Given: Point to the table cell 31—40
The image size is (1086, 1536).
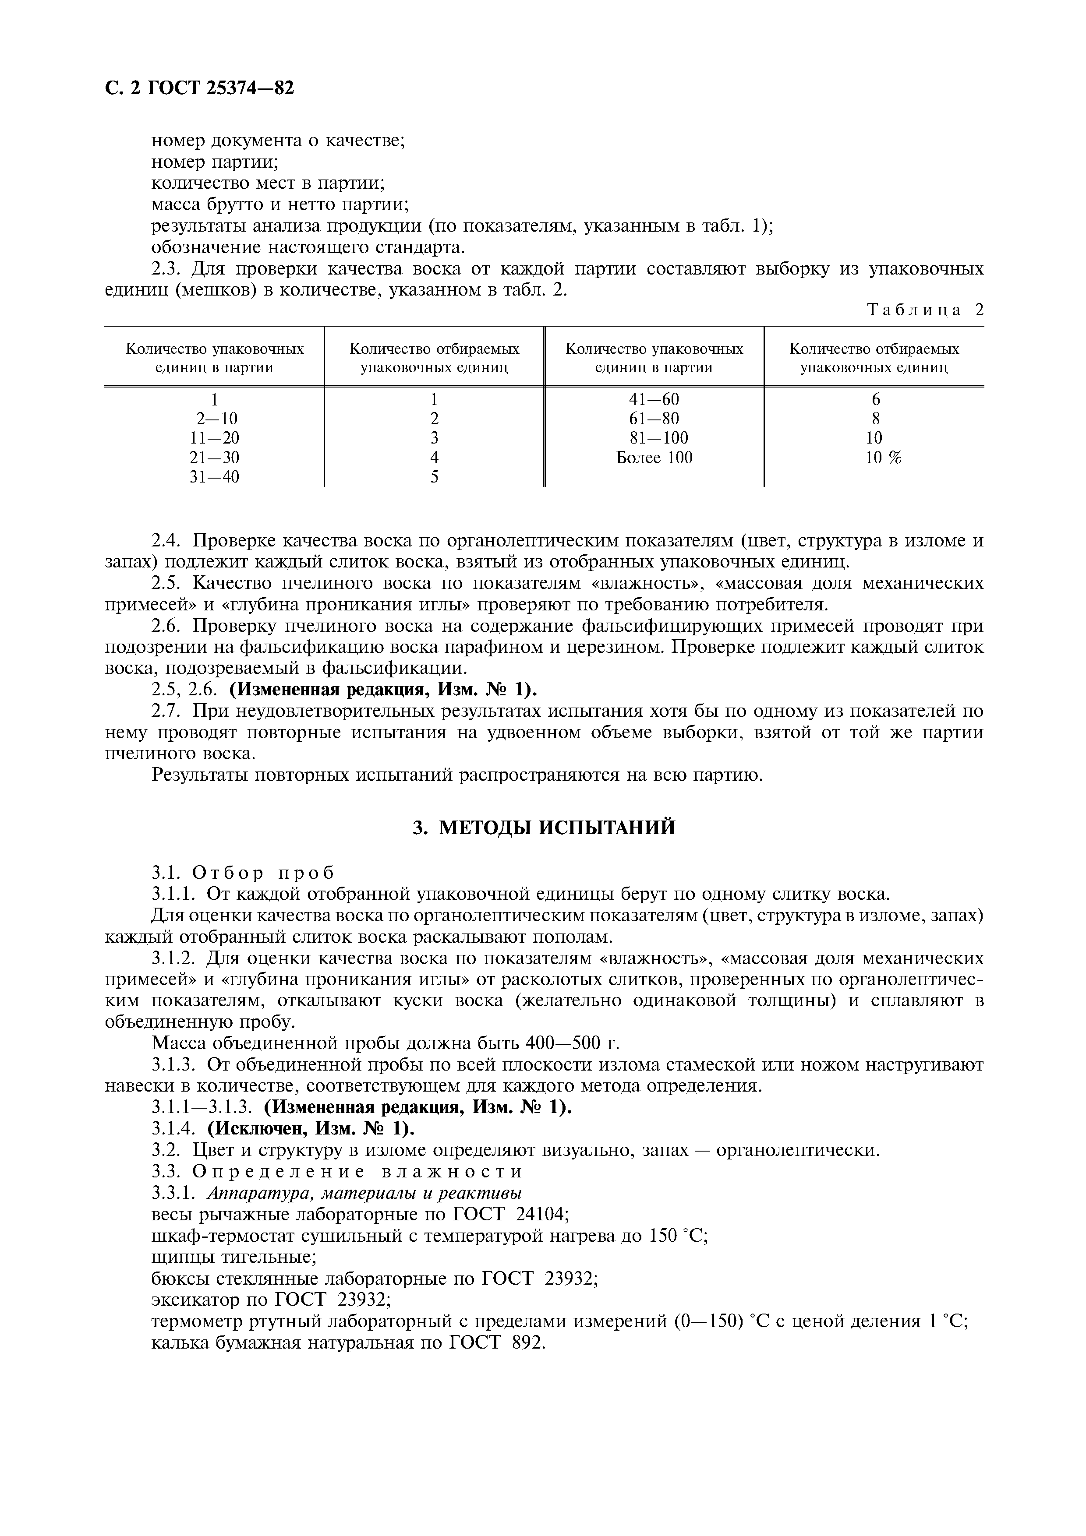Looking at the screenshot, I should tap(214, 477).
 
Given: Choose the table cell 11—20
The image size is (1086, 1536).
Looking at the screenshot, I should tap(214, 438).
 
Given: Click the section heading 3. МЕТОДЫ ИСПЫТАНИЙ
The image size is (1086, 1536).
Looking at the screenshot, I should tap(543, 828).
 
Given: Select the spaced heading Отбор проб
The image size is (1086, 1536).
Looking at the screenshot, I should tap(263, 872).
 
